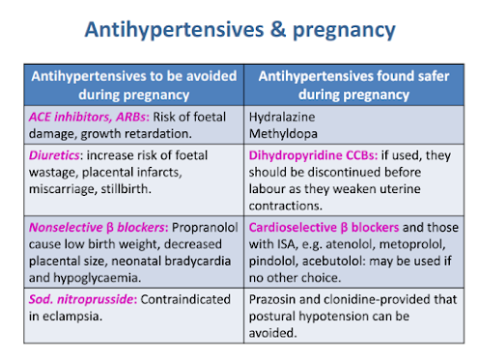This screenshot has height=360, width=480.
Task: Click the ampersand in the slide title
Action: pyautogui.click(x=278, y=30)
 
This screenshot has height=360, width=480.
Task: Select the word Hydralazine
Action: pyautogui.click(x=282, y=117)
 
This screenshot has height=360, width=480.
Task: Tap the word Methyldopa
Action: pyautogui.click(x=283, y=133)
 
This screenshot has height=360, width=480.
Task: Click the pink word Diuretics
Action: pyautogui.click(x=54, y=155)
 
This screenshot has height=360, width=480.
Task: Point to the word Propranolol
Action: pyautogui.click(x=205, y=228)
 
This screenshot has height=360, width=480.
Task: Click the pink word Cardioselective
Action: pyautogui.click(x=293, y=228)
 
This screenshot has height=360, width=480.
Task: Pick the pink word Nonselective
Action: pyautogui.click(x=66, y=228)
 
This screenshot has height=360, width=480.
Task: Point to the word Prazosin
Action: pyautogui.click(x=272, y=299)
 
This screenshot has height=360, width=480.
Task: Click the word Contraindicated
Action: pyautogui.click(x=185, y=299)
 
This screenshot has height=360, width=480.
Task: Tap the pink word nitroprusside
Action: pyautogui.click(x=97, y=300)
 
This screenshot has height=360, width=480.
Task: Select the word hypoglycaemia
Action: pyautogui.click(x=97, y=278)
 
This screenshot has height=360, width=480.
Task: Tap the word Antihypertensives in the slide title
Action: pyautogui.click(x=174, y=30)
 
